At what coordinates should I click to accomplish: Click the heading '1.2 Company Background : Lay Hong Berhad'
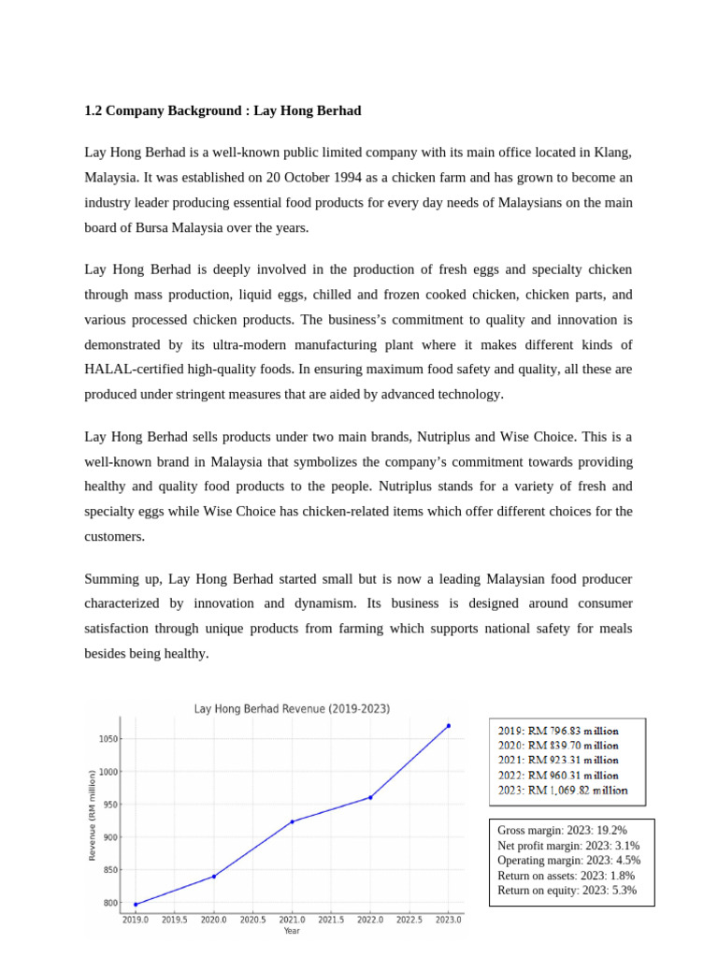[223, 110]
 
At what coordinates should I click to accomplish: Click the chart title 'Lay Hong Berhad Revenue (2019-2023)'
[292, 709]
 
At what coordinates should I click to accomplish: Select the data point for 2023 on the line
[449, 725]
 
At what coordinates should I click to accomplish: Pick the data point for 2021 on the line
[293, 821]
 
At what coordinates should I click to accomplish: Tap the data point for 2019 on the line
[136, 905]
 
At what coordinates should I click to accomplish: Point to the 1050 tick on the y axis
[108, 739]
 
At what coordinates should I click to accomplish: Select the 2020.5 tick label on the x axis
[253, 920]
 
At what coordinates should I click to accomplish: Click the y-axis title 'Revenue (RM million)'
[92, 815]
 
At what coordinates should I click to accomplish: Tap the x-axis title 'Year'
[292, 931]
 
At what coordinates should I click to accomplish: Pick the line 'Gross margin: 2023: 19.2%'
[562, 830]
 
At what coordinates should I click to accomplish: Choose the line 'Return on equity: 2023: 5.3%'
[567, 891]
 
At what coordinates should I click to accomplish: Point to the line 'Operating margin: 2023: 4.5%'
[568, 861]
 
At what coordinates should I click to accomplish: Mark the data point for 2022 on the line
[370, 797]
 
